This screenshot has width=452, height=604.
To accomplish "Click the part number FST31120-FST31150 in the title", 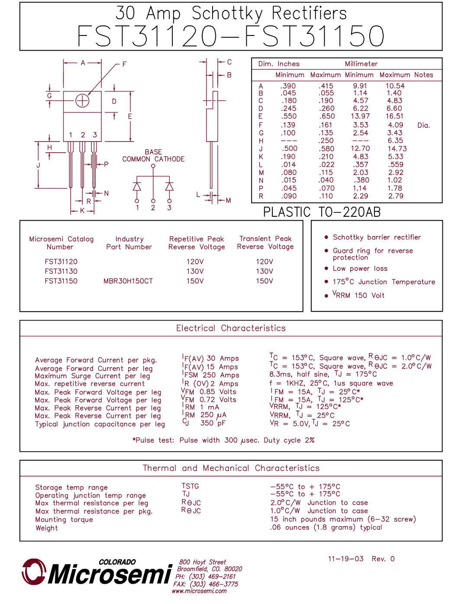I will tap(231, 36).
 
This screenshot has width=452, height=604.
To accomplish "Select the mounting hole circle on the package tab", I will tap(82, 101).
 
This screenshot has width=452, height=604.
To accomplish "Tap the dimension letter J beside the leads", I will tap(38, 165).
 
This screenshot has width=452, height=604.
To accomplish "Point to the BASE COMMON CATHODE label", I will tap(153, 156).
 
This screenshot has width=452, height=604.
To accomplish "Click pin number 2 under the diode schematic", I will tap(153, 208).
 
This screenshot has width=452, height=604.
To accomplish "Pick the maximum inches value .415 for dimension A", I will tap(326, 86).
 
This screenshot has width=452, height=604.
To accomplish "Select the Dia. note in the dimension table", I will tap(423, 125).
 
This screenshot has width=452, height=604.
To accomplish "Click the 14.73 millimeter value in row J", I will tap(397, 149).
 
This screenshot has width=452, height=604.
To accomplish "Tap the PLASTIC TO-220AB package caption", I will tap(322, 212).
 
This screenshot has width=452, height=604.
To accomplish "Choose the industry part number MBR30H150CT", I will tap(128, 281).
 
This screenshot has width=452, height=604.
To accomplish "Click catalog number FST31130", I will tap(61, 271).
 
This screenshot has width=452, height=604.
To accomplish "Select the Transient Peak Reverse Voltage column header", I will tap(265, 243).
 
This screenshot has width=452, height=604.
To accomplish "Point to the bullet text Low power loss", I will tap(360, 269).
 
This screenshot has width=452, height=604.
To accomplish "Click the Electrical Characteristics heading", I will tap(231, 328).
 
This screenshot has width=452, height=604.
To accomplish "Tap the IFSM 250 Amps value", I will tap(211, 375).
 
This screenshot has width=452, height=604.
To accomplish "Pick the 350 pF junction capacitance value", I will tap(213, 423).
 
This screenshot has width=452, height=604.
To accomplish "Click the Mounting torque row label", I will tap(64, 520).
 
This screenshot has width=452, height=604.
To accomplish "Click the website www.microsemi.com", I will tap(199, 591).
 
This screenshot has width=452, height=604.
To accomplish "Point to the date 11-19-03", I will tap(345, 559).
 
